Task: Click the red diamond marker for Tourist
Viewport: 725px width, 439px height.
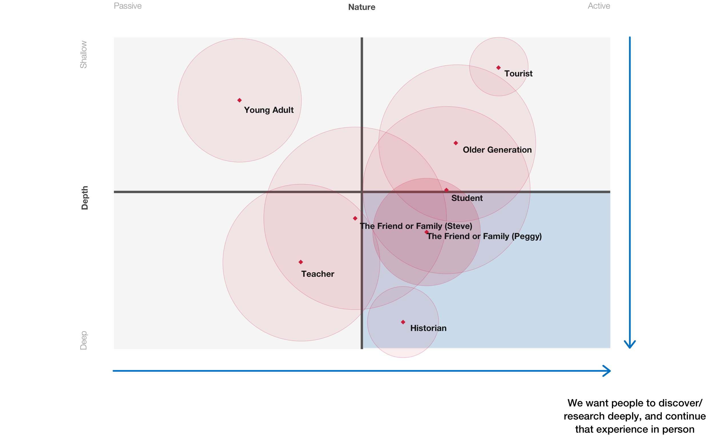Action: [x=498, y=68]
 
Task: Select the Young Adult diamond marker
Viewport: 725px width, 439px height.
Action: [x=239, y=100]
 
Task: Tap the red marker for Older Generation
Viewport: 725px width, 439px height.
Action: [x=456, y=143]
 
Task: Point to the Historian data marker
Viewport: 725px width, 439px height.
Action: [x=403, y=322]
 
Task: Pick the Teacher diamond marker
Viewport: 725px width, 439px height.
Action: [x=301, y=262]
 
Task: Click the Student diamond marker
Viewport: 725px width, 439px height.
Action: [x=446, y=190]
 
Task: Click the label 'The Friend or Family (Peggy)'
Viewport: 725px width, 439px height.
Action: [x=484, y=236]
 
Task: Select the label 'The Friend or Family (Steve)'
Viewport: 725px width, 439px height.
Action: [x=416, y=226]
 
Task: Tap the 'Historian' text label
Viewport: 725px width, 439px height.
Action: [x=428, y=328]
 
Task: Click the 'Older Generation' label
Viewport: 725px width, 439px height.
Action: [x=497, y=150]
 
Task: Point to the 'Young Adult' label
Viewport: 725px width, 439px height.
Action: [x=269, y=110]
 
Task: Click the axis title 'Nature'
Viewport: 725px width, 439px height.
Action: [x=362, y=7]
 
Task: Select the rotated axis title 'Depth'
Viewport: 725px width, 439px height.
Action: [x=84, y=198]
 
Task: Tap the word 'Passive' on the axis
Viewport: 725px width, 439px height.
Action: [x=128, y=6]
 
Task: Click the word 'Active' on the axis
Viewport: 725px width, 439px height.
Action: [x=599, y=6]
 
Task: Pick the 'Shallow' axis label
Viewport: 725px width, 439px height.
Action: [x=84, y=54]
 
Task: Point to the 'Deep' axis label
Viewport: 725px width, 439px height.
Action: [x=84, y=340]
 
